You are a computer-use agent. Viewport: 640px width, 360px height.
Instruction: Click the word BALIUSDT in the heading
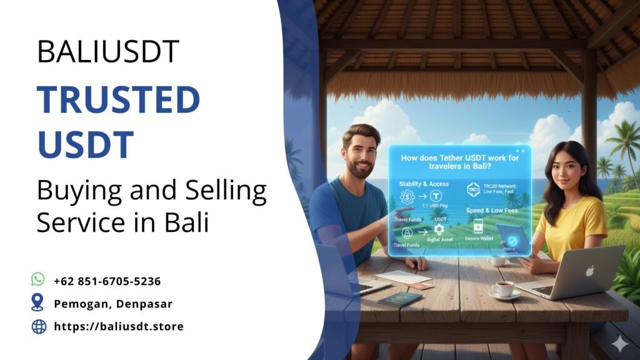pyautogui.click(x=108, y=52)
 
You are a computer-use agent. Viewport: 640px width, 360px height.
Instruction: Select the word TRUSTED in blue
pyautogui.click(x=118, y=100)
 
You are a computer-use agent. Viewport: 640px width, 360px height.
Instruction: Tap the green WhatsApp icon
pyautogui.click(x=38, y=280)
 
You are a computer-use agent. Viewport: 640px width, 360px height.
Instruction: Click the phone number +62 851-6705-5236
pyautogui.click(x=107, y=281)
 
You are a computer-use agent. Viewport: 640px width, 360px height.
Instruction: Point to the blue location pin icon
pyautogui.click(x=38, y=303)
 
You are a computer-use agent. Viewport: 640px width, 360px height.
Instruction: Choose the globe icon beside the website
pyautogui.click(x=39, y=326)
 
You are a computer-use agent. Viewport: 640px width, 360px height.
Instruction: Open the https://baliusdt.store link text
pyautogui.click(x=119, y=326)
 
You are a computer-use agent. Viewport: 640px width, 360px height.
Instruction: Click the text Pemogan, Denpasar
pyautogui.click(x=112, y=304)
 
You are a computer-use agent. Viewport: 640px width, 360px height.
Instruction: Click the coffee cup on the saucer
pyautogui.click(x=504, y=289)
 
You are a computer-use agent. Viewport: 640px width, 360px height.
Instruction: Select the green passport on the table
pyautogui.click(x=399, y=299)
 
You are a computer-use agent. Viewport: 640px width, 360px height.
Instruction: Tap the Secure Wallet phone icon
pyautogui.click(x=478, y=226)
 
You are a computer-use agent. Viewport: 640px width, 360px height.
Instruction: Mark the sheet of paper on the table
pyautogui.click(x=404, y=276)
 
